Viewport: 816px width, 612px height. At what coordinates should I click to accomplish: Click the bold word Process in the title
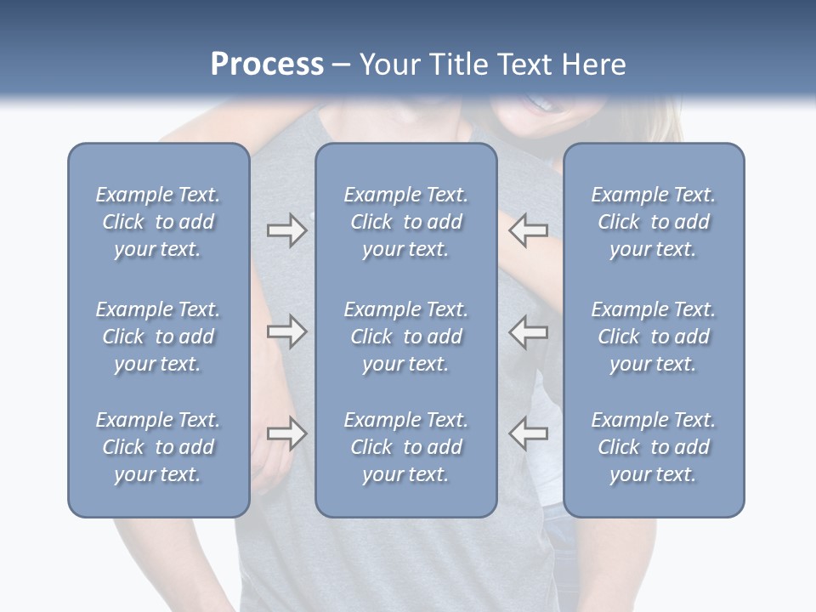pos(267,65)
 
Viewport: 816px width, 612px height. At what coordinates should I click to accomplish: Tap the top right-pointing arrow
pos(286,230)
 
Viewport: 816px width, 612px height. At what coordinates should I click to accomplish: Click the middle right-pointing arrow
pos(286,331)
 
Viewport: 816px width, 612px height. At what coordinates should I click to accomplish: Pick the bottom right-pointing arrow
pos(286,433)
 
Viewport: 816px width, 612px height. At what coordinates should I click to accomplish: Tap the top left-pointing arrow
pos(528,230)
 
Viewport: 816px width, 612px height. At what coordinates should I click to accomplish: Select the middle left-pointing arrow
pos(528,331)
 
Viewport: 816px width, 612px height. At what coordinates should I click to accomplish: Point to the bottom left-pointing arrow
pos(528,433)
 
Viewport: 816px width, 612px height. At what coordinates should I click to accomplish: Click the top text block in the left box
pos(158,222)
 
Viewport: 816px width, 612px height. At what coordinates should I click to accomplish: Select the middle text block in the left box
pos(158,337)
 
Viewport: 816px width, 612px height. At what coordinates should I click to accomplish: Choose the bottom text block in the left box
pos(158,447)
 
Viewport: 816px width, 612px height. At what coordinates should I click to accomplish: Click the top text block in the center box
pos(405,222)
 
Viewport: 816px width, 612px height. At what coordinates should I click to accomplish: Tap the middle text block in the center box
pos(405,337)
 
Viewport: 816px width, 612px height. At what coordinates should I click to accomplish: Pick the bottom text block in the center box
pos(405,447)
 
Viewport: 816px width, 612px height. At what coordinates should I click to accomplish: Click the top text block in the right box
pos(653,222)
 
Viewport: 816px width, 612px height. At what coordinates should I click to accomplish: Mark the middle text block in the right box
pos(653,337)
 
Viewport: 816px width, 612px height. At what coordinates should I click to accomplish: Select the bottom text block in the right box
pos(653,447)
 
